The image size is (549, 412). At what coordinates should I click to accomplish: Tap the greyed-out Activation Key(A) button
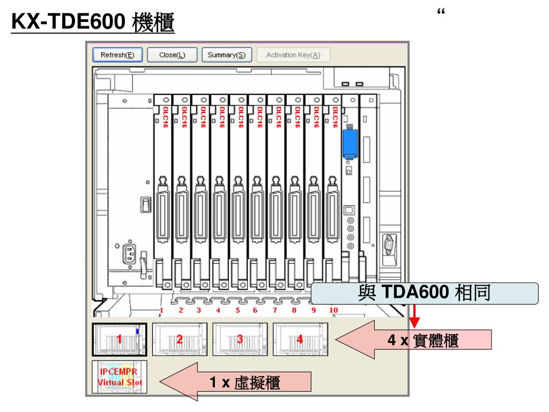(x=293, y=55)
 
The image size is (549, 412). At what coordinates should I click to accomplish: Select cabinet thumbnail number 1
(x=119, y=339)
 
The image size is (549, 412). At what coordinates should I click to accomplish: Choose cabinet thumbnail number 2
(x=180, y=339)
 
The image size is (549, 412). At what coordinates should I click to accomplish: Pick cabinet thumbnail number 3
(x=240, y=339)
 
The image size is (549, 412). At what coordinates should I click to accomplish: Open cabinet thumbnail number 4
(x=300, y=339)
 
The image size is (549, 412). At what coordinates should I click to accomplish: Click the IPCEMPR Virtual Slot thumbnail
(x=119, y=378)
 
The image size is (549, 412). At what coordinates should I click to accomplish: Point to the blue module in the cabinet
(x=350, y=141)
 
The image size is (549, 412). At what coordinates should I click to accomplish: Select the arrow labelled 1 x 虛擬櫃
(x=236, y=382)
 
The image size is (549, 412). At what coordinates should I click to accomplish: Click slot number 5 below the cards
(x=237, y=311)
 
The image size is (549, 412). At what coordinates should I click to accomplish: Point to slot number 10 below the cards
(x=333, y=311)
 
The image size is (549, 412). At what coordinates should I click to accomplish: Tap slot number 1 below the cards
(x=161, y=311)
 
